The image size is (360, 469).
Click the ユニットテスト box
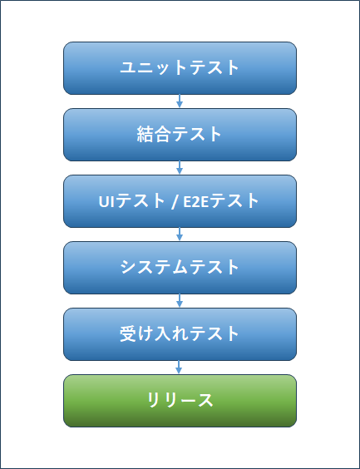[180, 68]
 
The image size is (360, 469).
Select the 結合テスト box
[180, 135]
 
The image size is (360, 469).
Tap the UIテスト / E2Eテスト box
[180, 201]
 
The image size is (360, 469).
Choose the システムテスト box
[180, 268]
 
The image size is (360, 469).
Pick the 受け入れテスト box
[180, 334]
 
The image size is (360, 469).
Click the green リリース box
[180, 401]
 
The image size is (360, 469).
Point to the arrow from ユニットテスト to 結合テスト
[180, 101]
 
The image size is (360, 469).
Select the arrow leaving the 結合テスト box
[180, 167]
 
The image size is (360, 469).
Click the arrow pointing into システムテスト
[180, 234]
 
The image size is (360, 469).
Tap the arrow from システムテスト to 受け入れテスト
[180, 300]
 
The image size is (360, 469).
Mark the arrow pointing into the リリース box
[179, 368]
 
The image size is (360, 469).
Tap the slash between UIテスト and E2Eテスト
[174, 202]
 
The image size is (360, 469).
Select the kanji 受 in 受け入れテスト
[129, 334]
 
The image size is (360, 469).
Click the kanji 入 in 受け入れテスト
[162, 334]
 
